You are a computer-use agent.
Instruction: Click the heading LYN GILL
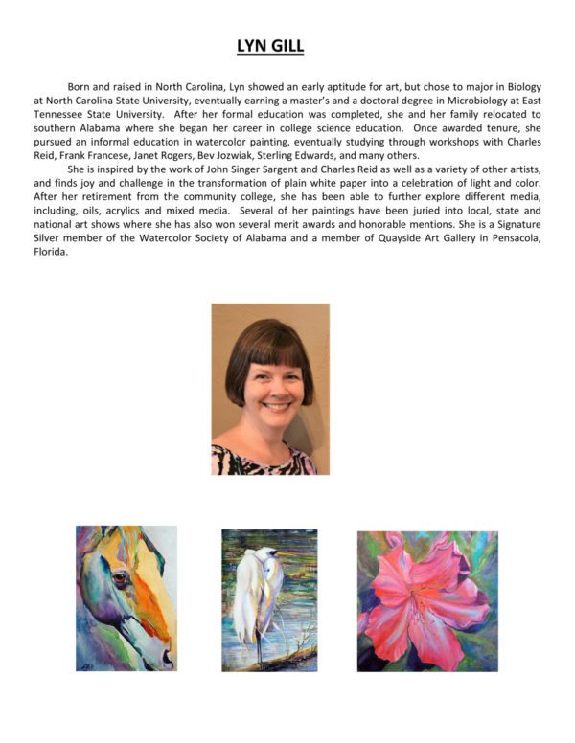coord(270,46)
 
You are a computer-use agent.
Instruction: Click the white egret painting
coord(269,599)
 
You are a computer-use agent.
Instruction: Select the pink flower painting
coord(427,600)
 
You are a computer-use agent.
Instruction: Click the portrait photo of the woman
coord(270,389)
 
